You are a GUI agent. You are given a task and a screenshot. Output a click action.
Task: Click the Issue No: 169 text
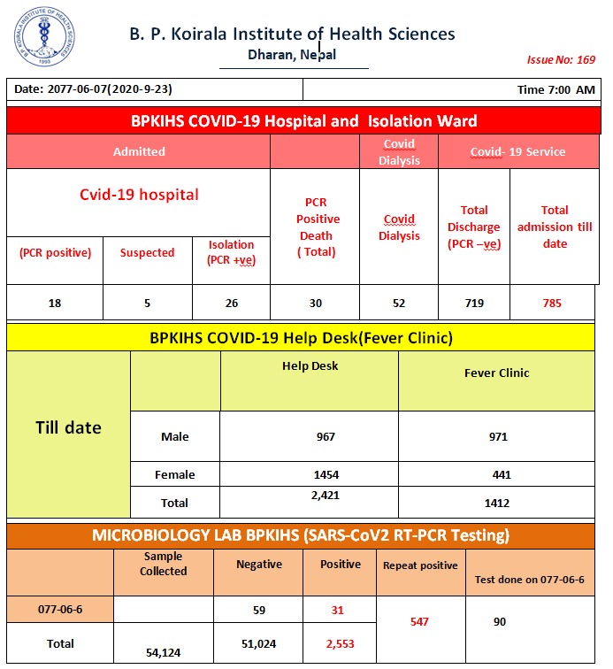coord(561,60)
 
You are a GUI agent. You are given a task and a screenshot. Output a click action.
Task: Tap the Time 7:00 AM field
coord(556,90)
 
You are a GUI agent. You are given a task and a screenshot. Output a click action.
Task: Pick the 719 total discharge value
coord(474,304)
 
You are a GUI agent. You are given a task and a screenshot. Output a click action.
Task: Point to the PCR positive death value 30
coord(316,304)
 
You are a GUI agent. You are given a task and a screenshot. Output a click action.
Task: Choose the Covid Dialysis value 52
coord(399,304)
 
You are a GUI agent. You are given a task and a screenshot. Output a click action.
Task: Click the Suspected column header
coord(147,253)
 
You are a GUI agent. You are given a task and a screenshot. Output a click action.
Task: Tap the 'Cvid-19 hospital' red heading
coord(139,195)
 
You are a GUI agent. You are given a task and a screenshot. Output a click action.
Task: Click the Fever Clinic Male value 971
coord(496,436)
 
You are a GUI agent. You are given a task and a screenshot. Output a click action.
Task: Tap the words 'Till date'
coord(68,428)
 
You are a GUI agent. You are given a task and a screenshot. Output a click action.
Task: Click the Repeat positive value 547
coord(419,622)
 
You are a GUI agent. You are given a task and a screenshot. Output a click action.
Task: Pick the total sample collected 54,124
coord(164,653)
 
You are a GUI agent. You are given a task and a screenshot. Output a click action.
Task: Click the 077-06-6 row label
coord(60,610)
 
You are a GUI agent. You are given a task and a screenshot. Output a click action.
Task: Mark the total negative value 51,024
coord(259,643)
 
